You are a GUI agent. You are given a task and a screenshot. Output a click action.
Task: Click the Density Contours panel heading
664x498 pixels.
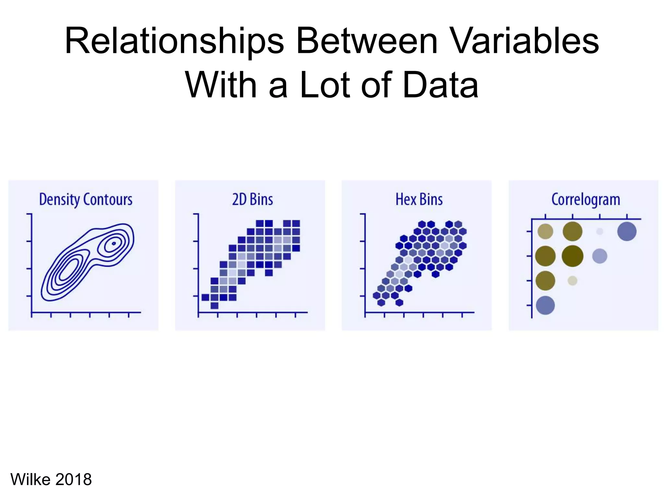coord(86,199)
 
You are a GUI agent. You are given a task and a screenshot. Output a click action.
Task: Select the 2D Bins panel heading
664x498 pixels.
coord(252,199)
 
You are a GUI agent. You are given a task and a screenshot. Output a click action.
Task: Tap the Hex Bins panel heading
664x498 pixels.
coord(419,199)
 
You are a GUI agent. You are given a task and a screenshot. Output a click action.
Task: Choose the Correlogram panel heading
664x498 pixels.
coord(586,199)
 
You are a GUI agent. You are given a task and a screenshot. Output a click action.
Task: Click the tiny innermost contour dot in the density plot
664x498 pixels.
coord(114,243)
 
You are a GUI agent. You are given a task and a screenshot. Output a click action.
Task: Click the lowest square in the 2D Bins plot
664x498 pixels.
coord(214,305)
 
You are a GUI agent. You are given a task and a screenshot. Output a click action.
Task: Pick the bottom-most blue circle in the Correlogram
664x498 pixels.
coord(545,305)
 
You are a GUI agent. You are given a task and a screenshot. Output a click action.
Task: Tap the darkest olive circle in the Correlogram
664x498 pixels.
coord(572,256)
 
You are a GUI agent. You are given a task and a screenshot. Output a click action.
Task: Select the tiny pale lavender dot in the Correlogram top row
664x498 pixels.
coord(599,231)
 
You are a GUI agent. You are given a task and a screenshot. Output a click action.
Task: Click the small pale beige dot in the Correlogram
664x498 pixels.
coord(572,281)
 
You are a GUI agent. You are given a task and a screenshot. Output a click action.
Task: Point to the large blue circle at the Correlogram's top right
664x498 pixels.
coord(627,231)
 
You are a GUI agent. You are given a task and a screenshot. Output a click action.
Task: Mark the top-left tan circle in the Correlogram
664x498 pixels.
coord(545,231)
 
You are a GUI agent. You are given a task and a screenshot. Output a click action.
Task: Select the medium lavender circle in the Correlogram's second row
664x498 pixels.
coord(599,256)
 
